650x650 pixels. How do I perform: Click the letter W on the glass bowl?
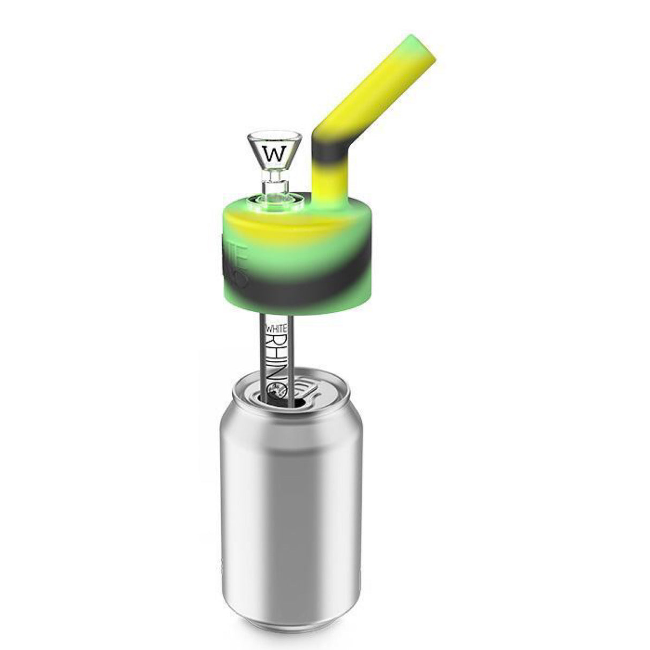point(276,154)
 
